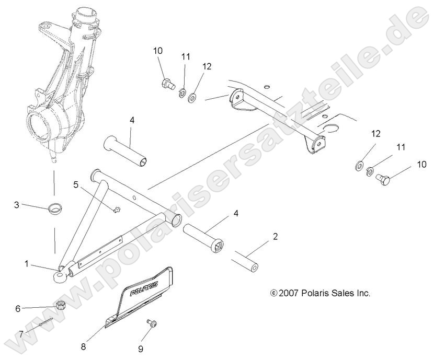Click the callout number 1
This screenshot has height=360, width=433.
click(26, 264)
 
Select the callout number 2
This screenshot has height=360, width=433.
click(275, 236)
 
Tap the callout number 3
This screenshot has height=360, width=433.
click(17, 205)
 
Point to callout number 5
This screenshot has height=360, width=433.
click(75, 184)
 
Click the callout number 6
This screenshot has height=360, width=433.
click(17, 309)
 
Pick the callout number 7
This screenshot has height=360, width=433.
click(21, 333)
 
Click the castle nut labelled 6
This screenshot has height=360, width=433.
click(60, 305)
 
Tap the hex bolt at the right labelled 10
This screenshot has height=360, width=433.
click(384, 181)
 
